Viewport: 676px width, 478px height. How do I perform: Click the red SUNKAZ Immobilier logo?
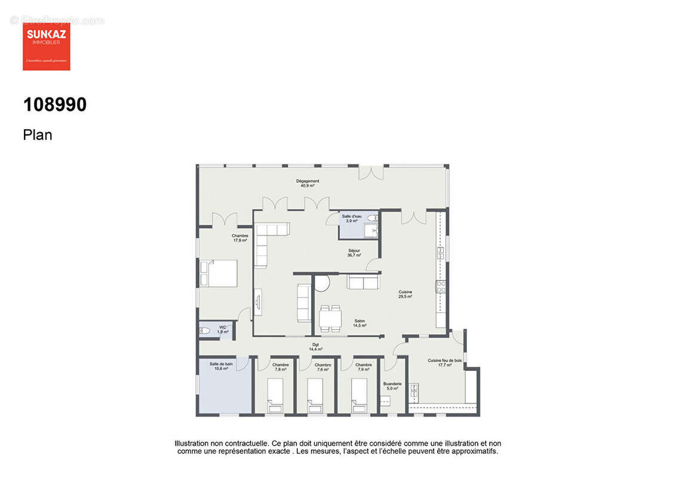47,47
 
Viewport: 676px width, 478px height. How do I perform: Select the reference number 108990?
55,105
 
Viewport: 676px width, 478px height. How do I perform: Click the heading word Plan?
38,135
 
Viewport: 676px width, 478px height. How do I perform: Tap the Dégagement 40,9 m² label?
308,183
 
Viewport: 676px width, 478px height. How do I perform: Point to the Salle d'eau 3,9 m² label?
351,219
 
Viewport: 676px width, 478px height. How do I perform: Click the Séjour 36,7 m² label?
354,253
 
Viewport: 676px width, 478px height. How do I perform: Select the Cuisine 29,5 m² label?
405,294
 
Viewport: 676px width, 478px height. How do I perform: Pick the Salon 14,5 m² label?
359,323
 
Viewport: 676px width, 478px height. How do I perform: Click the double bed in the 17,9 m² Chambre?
217,274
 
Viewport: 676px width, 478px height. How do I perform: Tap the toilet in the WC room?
204,330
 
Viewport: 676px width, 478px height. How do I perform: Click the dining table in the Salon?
330,318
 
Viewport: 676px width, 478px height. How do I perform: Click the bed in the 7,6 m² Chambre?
315,397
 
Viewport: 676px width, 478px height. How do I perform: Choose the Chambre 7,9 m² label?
363,367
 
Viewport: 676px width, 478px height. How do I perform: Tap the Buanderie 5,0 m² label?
393,386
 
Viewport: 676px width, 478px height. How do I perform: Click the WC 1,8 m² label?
222,329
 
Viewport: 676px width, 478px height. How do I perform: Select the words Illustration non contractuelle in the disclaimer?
221,443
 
